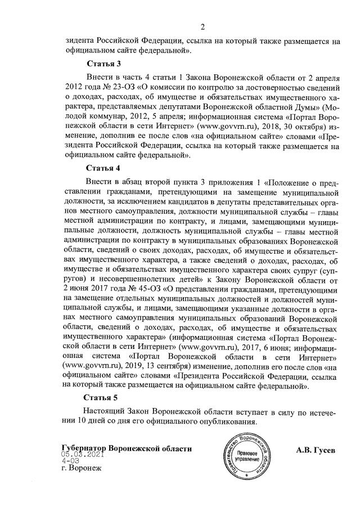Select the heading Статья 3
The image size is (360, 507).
(103, 62)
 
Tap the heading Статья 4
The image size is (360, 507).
(103, 168)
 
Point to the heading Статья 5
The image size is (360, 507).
(103, 398)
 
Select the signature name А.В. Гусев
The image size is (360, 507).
(316, 450)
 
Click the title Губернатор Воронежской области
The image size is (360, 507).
(127, 448)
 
